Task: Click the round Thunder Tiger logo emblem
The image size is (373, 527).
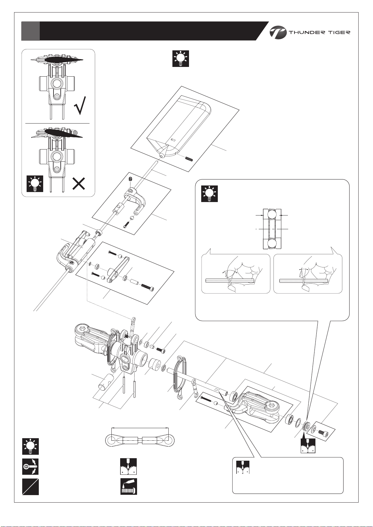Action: click(278, 33)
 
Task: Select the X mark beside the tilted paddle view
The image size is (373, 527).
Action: click(79, 184)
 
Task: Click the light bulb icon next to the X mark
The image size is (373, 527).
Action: click(35, 184)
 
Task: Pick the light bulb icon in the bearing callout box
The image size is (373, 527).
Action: click(209, 194)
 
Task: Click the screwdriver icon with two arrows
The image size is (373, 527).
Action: click(31, 466)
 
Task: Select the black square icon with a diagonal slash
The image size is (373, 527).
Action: click(31, 487)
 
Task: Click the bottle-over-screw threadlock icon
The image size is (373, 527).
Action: click(129, 487)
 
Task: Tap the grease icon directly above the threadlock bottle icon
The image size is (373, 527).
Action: click(129, 466)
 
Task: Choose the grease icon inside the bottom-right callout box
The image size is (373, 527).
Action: click(243, 467)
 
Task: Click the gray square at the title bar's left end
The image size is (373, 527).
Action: click(30, 31)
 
